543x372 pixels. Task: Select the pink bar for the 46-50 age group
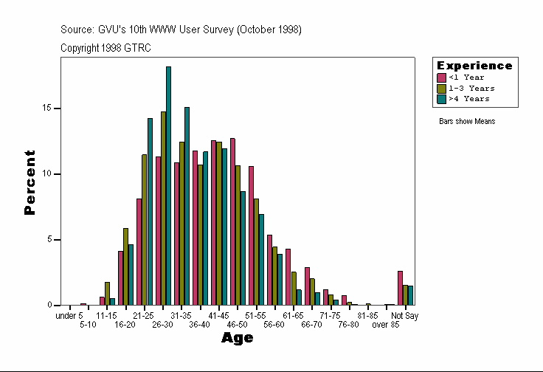[232, 221]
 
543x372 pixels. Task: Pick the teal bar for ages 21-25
[150, 211]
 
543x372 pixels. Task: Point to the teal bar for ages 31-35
[187, 206]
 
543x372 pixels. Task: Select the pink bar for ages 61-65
[288, 277]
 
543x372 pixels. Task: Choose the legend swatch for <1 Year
[441, 77]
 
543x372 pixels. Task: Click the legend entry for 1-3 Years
[471, 88]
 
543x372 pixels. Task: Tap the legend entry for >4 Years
[468, 98]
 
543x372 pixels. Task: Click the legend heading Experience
[474, 66]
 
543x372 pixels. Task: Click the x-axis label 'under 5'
[69, 316]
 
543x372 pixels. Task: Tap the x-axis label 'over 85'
[385, 324]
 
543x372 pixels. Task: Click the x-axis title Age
[237, 338]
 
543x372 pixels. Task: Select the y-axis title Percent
[30, 182]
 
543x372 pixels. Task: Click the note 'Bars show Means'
[466, 122]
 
